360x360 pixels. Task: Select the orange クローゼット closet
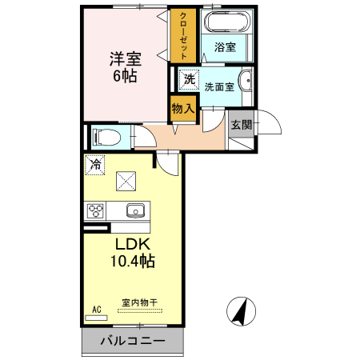pos(183,37)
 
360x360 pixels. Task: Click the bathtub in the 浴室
pos(226,23)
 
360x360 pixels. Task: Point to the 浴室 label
pos(225,47)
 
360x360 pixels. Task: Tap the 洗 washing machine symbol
pos(189,79)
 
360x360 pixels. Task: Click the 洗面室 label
pos(219,86)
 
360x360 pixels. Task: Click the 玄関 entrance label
pos(240,124)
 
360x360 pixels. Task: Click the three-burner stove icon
pos(98,211)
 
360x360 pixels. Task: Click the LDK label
pos(133,245)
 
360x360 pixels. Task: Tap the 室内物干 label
pos(139,302)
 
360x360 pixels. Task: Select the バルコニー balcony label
pos(133,342)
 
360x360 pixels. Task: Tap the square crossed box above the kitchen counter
pos(126,182)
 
